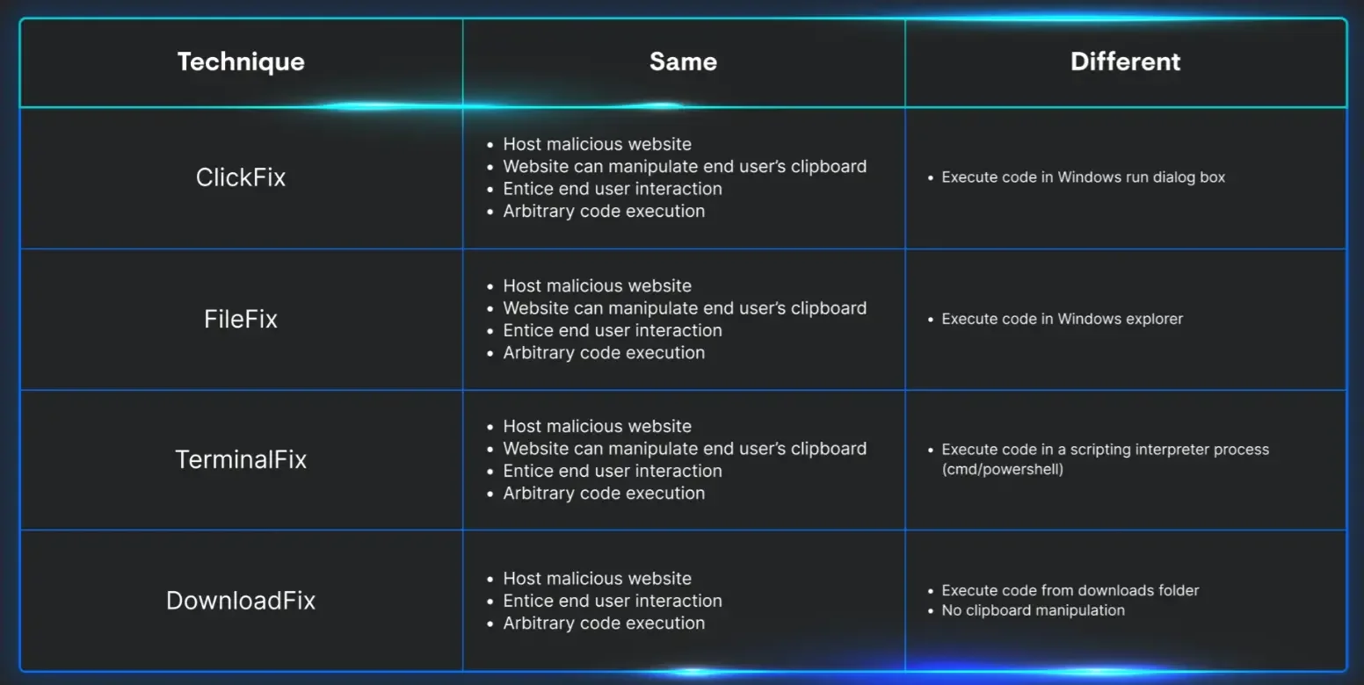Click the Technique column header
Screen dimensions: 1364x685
coord(241,62)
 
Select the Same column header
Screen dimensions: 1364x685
coord(683,61)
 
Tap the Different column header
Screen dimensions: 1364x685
coord(1125,61)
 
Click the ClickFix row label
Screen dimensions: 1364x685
coord(241,177)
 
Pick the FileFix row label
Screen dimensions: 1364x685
coord(241,320)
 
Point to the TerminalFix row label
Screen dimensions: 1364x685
coord(241,460)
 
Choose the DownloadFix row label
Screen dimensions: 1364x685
coord(241,601)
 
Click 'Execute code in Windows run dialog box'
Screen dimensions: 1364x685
coord(1084,177)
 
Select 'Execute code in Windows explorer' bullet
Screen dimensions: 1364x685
coord(1062,319)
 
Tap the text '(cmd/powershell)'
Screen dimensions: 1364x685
coord(1002,470)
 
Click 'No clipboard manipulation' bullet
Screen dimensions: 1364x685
coord(1033,610)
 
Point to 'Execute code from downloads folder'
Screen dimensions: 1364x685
coord(1070,590)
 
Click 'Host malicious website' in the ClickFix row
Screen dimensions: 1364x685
coord(598,144)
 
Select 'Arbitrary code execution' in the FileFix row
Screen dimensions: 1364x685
coord(604,353)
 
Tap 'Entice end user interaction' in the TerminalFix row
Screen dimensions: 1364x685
coord(613,471)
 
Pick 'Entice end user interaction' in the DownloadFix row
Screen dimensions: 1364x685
coord(613,601)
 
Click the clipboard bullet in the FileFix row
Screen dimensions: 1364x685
coord(685,308)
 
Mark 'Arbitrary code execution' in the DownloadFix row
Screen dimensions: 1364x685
coord(604,623)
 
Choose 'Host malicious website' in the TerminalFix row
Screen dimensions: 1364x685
coord(598,427)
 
